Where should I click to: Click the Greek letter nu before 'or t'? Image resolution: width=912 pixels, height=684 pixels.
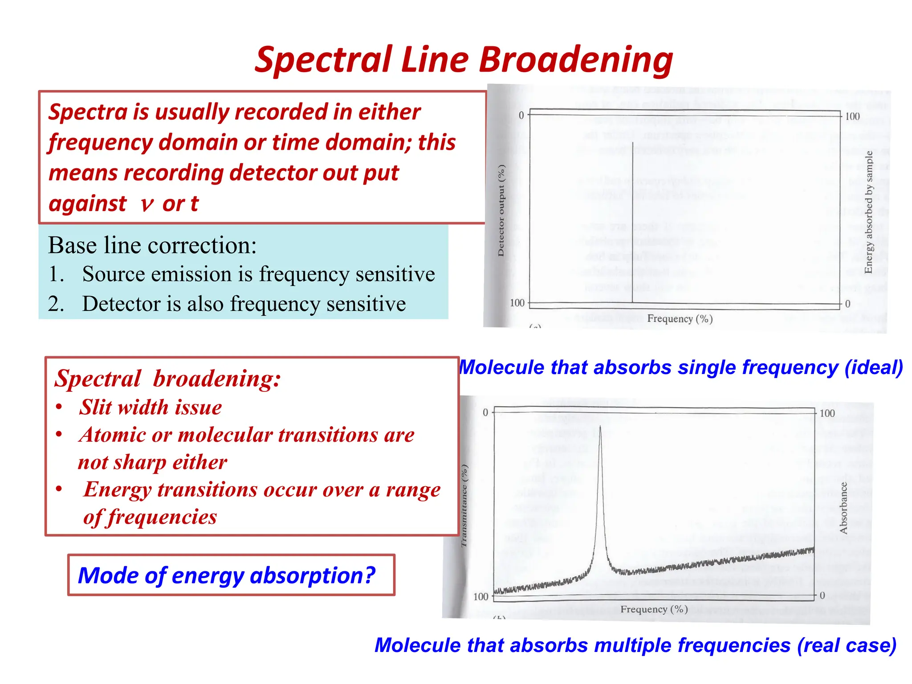click(x=147, y=204)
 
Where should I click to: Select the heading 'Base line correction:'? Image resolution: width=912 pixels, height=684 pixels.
click(x=152, y=245)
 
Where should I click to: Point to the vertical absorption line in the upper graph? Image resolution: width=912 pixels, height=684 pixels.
click(x=632, y=223)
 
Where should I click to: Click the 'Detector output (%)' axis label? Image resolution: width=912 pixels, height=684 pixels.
click(x=501, y=211)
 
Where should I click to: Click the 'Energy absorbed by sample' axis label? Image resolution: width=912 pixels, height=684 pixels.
click(x=868, y=212)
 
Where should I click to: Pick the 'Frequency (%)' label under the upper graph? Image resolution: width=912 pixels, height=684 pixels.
click(x=680, y=319)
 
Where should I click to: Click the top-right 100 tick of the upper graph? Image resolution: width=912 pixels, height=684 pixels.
click(x=852, y=117)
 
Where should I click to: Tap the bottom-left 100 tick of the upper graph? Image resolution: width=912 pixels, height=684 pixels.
click(x=517, y=303)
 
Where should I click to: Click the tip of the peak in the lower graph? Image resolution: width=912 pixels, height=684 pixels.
click(x=600, y=427)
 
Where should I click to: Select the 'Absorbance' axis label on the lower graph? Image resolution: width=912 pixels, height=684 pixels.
click(x=843, y=508)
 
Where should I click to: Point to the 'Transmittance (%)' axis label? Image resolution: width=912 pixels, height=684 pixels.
click(x=464, y=505)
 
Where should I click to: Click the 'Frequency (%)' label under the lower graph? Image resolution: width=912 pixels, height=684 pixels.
click(x=654, y=609)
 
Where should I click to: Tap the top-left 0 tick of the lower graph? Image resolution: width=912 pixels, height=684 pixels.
click(x=485, y=412)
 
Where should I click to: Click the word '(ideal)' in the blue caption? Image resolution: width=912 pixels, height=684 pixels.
click(x=874, y=368)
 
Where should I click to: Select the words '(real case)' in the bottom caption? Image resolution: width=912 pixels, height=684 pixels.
click(x=847, y=645)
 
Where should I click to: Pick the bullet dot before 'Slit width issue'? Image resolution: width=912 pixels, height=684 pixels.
click(x=59, y=407)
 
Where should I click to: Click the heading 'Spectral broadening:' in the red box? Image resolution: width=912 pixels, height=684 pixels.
click(x=167, y=379)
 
